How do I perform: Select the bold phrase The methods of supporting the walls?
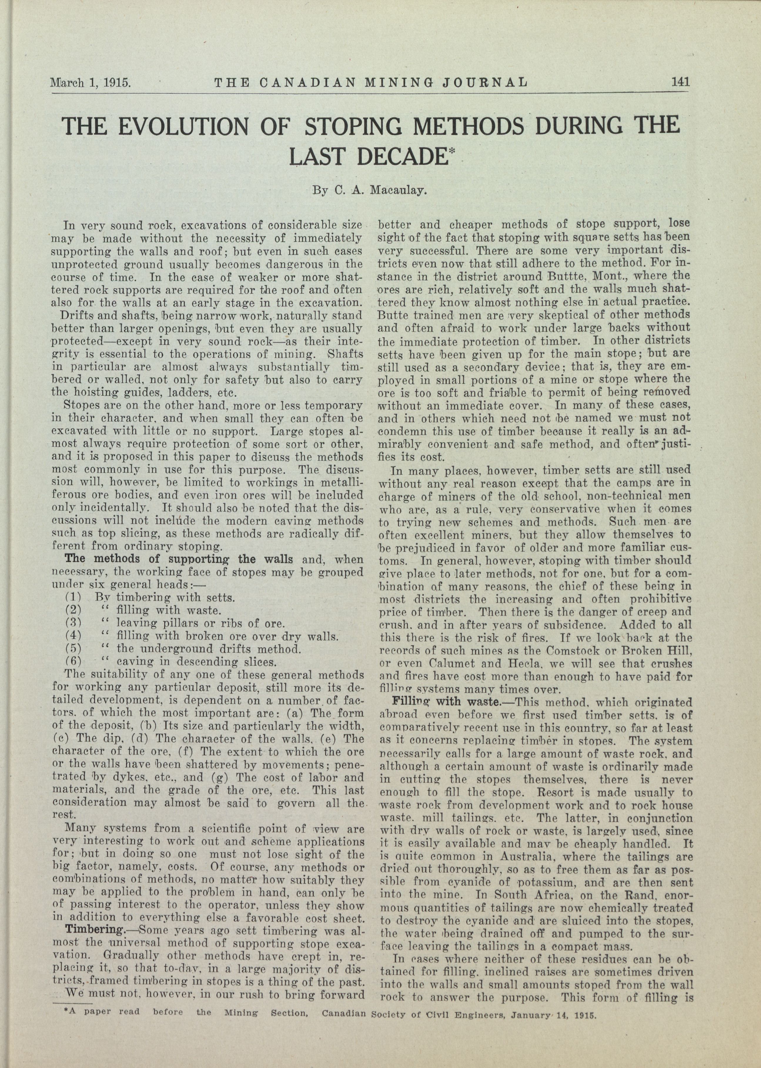tap(178, 559)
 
